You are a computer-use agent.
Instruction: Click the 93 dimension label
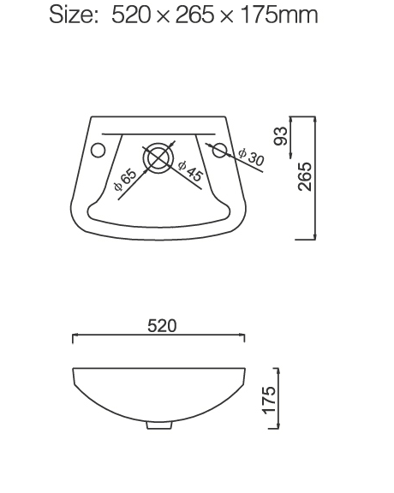279,134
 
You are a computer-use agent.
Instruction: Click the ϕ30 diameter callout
251,157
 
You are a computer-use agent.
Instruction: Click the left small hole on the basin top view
98,151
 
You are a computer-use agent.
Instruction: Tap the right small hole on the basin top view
219,151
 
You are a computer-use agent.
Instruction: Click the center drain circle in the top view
158,158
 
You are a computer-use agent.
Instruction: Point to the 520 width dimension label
162,325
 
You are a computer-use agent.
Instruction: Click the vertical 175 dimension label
269,400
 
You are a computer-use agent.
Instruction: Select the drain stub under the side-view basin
159,425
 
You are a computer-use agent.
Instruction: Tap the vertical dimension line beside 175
279,398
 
